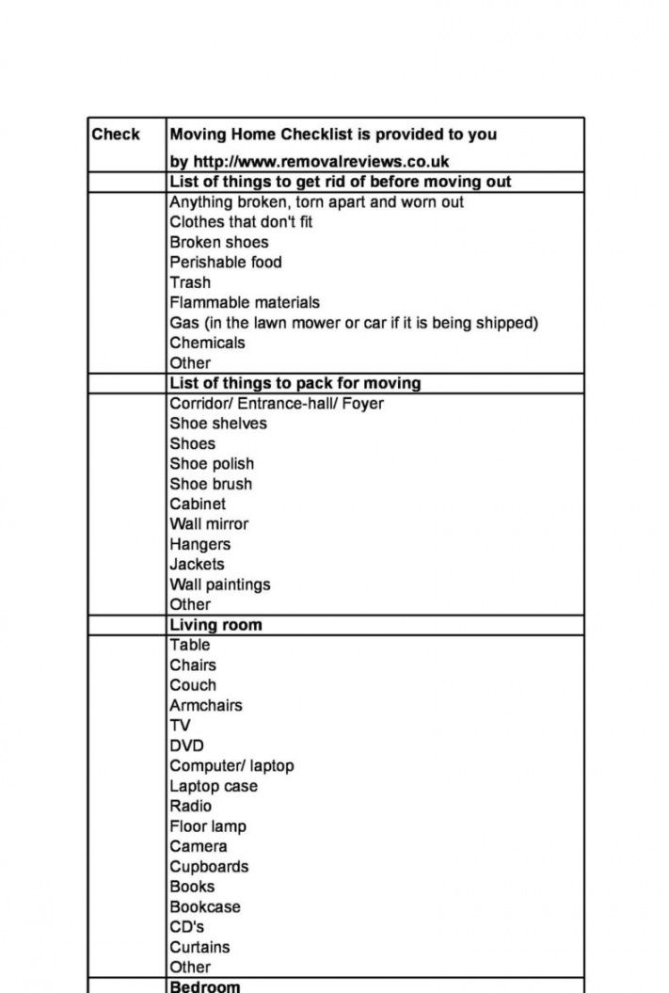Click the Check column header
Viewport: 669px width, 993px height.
tap(116, 135)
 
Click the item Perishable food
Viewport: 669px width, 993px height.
tap(226, 263)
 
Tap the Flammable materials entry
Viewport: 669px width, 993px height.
tap(245, 303)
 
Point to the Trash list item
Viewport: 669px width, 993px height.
tap(190, 282)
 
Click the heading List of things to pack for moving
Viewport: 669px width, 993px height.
tap(295, 383)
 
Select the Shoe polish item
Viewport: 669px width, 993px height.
tap(212, 464)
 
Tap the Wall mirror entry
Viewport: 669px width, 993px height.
tap(209, 524)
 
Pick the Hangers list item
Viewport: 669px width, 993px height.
tap(199, 544)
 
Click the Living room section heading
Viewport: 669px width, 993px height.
tap(215, 625)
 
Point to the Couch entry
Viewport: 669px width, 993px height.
tap(193, 685)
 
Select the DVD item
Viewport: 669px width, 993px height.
tap(186, 745)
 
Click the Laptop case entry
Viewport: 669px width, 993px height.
tap(214, 786)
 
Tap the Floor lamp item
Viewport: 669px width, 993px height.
tap(208, 826)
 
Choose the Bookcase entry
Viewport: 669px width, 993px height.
tap(205, 907)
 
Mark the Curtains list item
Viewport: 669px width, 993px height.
tap(199, 947)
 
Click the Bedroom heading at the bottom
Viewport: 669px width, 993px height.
tap(205, 986)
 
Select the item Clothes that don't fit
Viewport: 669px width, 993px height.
tap(241, 222)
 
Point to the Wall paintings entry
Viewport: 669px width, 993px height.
tap(220, 585)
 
